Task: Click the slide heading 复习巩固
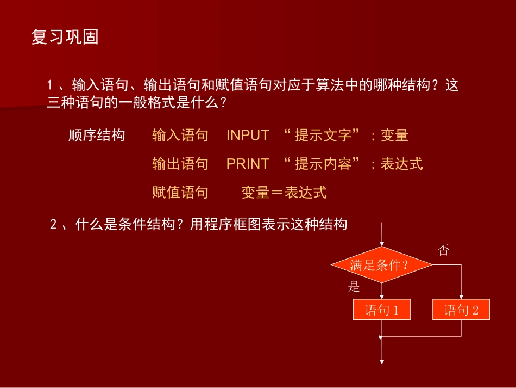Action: tap(65, 38)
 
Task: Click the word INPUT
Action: tap(248, 136)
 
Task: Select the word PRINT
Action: tap(248, 164)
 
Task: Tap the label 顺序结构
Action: tap(97, 136)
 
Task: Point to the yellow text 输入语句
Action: tap(180, 136)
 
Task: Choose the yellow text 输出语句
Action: tap(180, 164)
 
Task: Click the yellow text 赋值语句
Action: tap(180, 192)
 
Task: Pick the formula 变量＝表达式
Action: tap(284, 192)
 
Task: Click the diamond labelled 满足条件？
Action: tap(381, 265)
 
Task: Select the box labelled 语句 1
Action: tap(381, 310)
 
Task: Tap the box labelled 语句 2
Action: tap(461, 310)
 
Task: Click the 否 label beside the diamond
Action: tap(443, 250)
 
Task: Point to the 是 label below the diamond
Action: tap(354, 287)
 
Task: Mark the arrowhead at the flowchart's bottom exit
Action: tap(382, 361)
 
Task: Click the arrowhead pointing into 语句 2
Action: tap(461, 297)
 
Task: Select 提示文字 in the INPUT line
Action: tap(323, 136)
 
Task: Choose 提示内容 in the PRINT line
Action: tap(323, 164)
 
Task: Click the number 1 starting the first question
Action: tap(50, 85)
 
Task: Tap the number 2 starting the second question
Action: tap(53, 225)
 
